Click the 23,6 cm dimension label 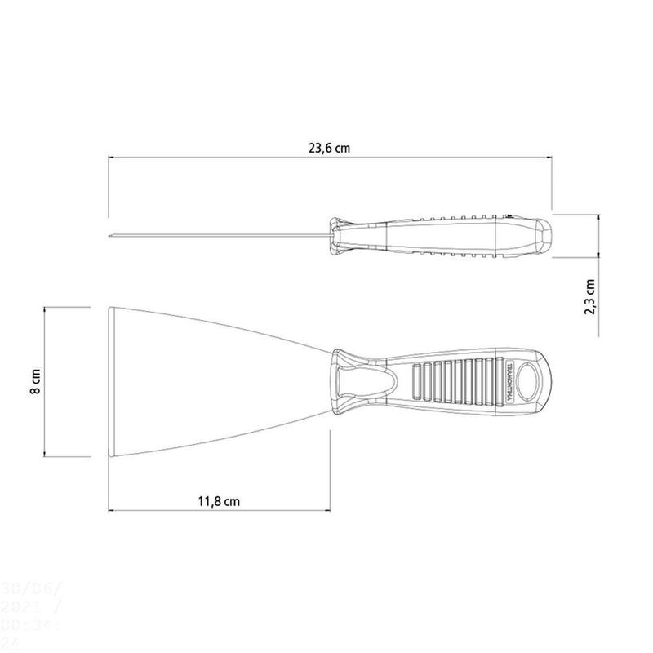tap(331, 149)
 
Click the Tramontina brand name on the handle tap(509, 381)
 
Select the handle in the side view tap(441, 238)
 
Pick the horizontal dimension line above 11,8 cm tap(220, 511)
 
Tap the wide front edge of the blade tap(109, 382)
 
